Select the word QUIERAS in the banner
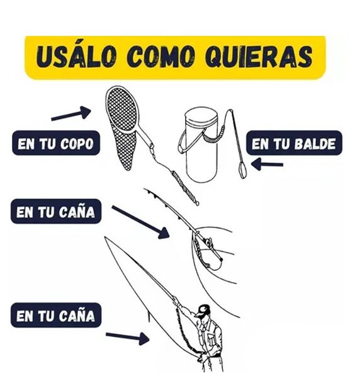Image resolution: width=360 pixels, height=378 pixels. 260,57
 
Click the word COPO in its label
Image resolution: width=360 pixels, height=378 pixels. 77,144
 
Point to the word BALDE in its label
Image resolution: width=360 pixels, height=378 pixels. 315,144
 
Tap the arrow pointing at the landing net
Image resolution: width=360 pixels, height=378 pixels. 71,113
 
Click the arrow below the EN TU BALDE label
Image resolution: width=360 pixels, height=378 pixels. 267,164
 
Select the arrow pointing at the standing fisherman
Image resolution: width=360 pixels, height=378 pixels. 128,338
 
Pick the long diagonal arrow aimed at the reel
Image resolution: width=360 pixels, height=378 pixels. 140,222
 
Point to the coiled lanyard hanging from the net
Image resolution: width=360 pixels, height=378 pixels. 185,187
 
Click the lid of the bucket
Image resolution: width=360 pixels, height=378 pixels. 201,116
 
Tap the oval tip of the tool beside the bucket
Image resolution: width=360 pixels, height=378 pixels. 242,169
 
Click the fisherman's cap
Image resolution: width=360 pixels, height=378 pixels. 203,309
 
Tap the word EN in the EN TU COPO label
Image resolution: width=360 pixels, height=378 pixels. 26,144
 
